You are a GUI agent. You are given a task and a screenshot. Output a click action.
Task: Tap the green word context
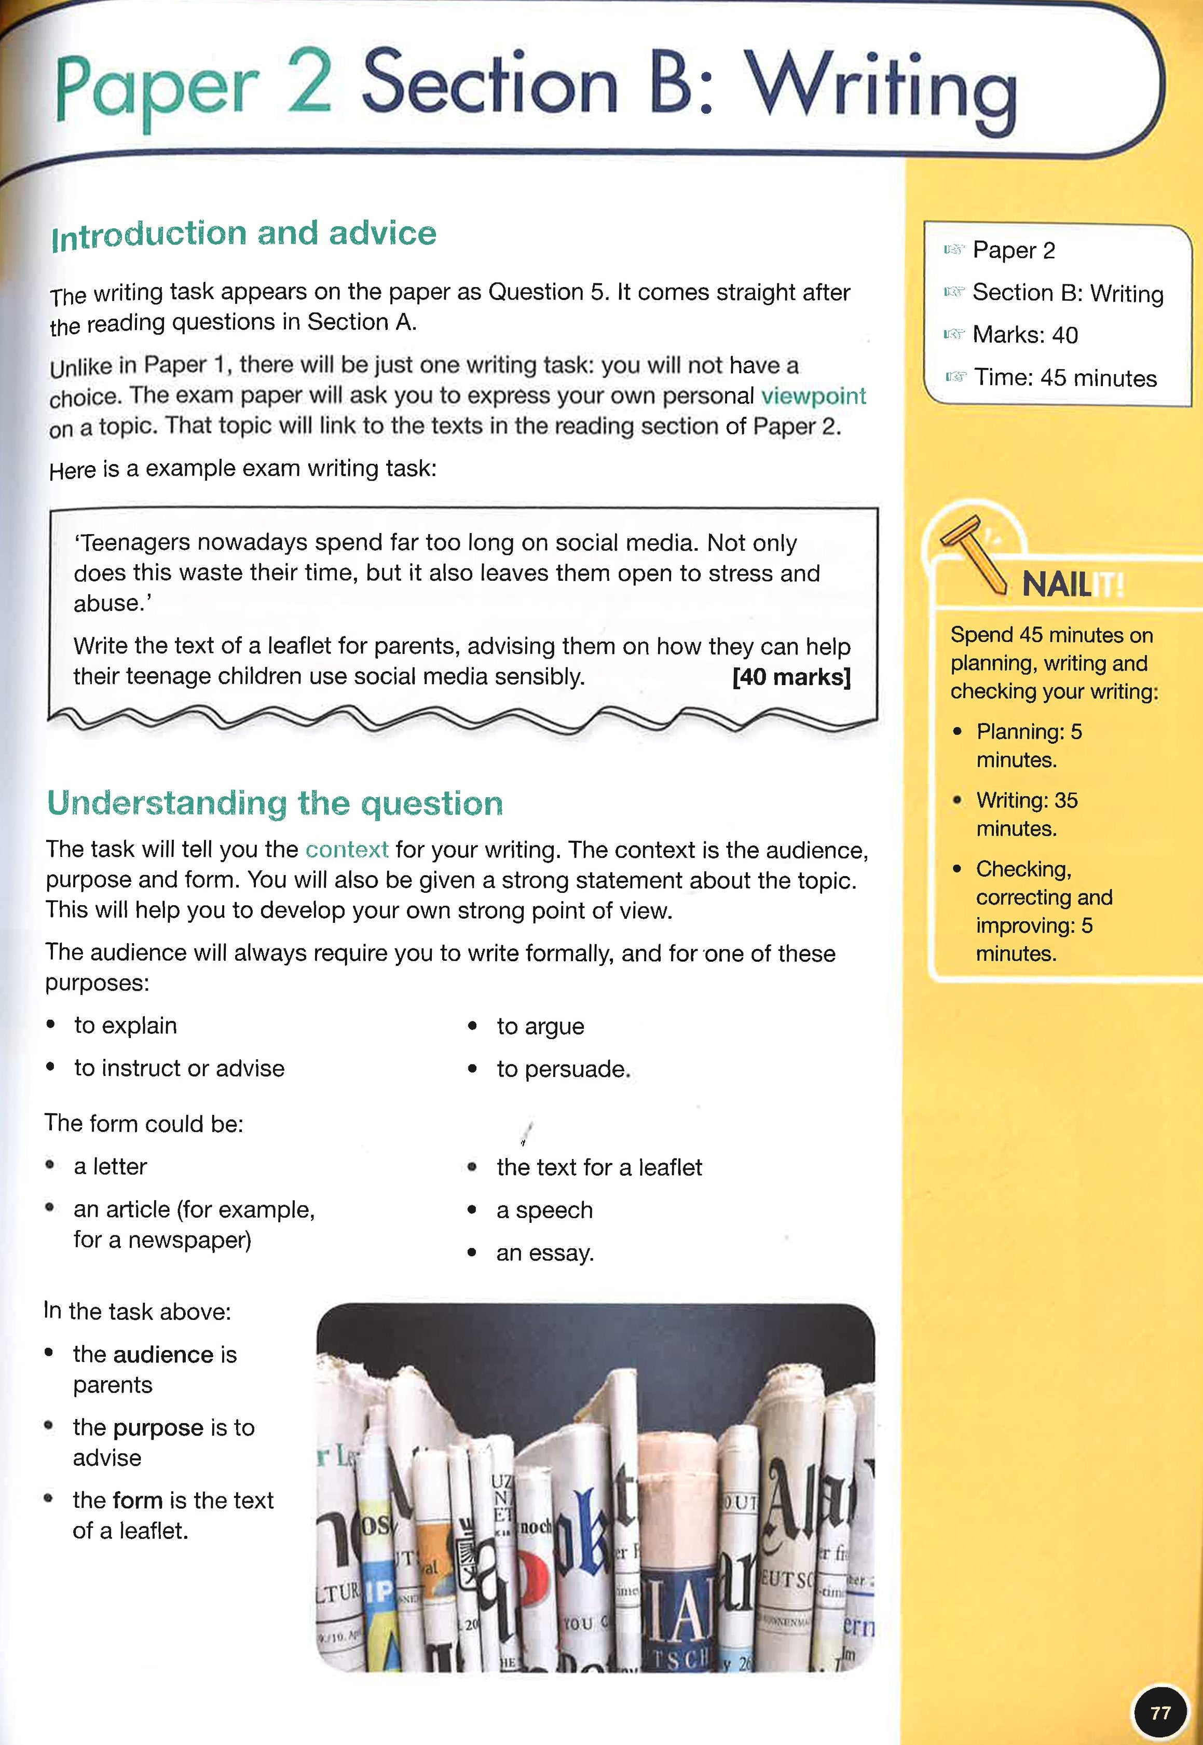[347, 850]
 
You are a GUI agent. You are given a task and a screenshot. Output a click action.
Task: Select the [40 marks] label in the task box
[791, 677]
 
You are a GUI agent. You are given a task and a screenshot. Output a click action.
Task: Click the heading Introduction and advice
[243, 235]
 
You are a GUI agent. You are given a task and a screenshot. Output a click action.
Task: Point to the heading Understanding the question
[275, 803]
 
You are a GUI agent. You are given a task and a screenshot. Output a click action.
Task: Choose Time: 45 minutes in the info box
[1064, 378]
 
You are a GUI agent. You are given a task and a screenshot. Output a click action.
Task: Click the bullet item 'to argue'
[540, 1026]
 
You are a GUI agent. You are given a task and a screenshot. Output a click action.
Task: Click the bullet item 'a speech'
[544, 1210]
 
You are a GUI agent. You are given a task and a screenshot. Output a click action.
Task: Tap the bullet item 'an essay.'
[544, 1253]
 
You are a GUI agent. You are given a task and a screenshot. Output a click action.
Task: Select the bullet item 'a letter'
[110, 1166]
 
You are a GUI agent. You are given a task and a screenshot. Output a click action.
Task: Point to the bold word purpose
[159, 1428]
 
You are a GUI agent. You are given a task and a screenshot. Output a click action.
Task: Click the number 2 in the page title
[309, 83]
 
